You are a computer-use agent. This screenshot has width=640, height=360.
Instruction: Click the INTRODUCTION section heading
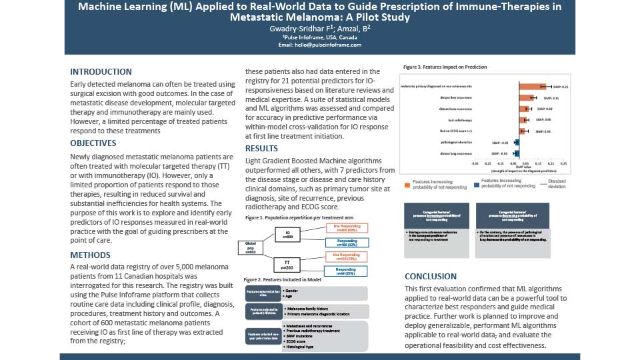click(101, 72)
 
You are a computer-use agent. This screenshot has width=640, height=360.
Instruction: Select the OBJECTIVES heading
click(93, 143)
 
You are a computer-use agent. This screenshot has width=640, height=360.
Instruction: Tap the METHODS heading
click(91, 255)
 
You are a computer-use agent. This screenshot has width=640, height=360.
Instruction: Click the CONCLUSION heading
click(431, 277)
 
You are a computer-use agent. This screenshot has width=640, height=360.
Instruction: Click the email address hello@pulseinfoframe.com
click(320, 45)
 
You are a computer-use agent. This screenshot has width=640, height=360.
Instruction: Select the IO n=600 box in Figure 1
click(289, 235)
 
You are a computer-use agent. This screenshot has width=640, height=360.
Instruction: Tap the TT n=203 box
click(289, 264)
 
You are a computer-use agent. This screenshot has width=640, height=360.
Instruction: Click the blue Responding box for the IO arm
click(346, 242)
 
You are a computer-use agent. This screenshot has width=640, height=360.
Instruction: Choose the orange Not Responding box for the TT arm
click(346, 257)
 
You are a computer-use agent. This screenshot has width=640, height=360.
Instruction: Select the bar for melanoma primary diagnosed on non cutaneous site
click(533, 87)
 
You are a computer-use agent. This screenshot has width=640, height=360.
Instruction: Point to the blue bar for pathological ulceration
click(516, 143)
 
